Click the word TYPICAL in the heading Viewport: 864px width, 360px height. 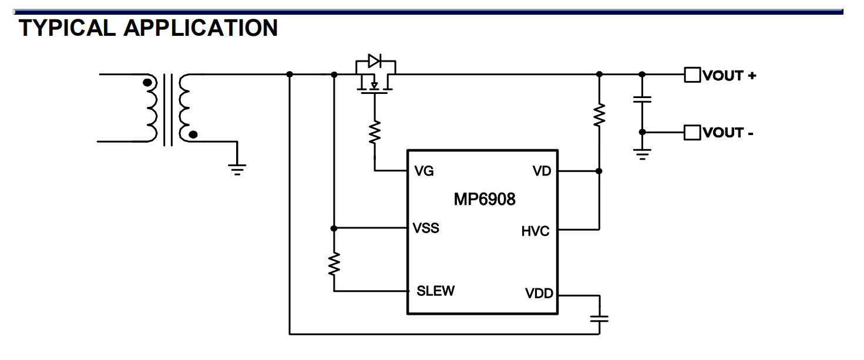coord(67,28)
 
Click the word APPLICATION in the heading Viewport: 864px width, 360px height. coord(200,28)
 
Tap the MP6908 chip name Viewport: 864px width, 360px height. coord(485,199)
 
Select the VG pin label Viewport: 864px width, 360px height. coord(424,170)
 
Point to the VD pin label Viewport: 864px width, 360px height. coord(542,171)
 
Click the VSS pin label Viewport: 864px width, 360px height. coord(426,228)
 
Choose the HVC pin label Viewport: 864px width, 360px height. coord(535,231)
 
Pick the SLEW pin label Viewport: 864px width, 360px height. coord(435,291)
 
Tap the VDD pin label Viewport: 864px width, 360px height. coord(539,294)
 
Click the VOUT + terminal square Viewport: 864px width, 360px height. coord(692,75)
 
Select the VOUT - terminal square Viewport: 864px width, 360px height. coord(692,132)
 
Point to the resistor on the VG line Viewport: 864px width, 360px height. coord(375,132)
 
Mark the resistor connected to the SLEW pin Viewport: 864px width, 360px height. coord(334,264)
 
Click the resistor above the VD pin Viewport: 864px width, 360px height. coord(599,115)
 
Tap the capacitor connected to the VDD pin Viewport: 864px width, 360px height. coord(599,319)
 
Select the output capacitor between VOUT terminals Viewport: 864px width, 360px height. coord(642,100)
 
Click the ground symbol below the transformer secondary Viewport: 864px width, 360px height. coord(237,170)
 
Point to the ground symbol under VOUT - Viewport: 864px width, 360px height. coord(642,154)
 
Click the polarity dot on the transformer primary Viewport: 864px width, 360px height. coord(147,83)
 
